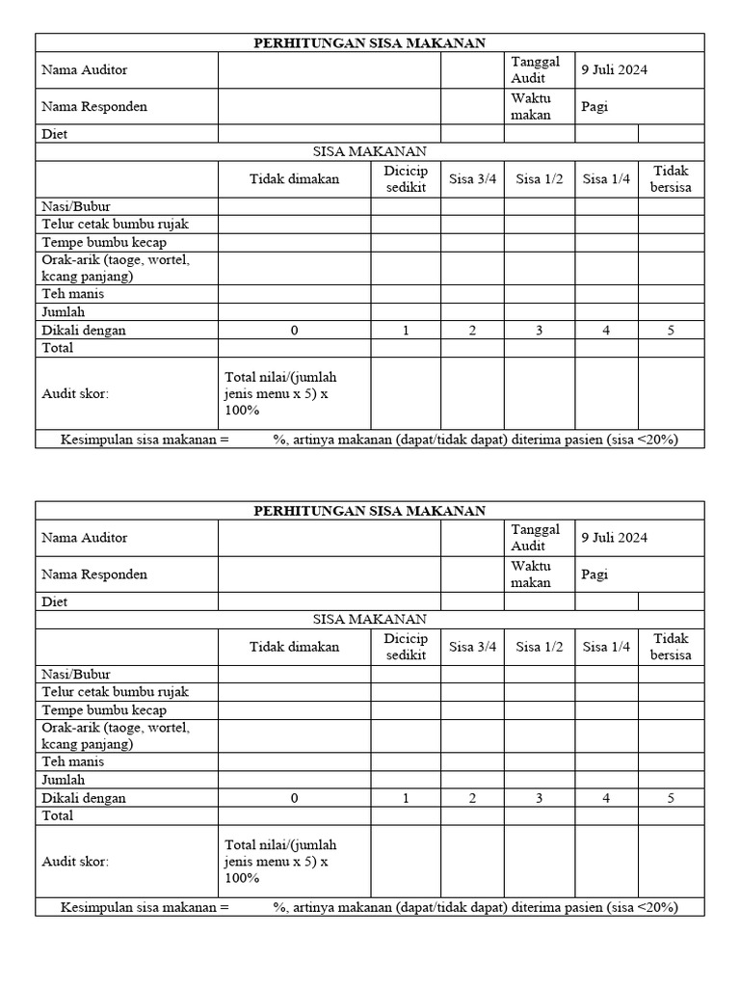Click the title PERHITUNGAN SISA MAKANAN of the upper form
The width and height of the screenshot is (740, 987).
(369, 42)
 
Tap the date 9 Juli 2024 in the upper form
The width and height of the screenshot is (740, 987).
(614, 69)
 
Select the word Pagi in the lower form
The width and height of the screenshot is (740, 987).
(595, 574)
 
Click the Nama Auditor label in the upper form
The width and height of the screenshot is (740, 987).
(84, 69)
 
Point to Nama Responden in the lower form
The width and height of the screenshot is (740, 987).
(94, 574)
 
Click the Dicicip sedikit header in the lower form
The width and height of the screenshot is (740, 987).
(406, 647)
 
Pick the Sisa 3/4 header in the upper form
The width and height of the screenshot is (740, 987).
(472, 179)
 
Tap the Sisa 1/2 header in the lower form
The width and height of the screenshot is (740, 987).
(540, 647)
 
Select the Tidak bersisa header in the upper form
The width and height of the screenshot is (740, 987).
(671, 179)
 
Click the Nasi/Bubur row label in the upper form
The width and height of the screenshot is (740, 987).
(76, 206)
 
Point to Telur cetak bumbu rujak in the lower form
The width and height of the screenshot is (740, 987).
(115, 691)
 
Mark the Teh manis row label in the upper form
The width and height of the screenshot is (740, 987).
(73, 294)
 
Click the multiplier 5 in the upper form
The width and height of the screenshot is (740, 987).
(671, 331)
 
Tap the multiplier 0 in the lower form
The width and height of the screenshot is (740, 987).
(294, 798)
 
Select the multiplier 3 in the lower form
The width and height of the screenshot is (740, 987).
(540, 798)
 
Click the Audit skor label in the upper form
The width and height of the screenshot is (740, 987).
(75, 393)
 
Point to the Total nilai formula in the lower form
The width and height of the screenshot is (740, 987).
(280, 861)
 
